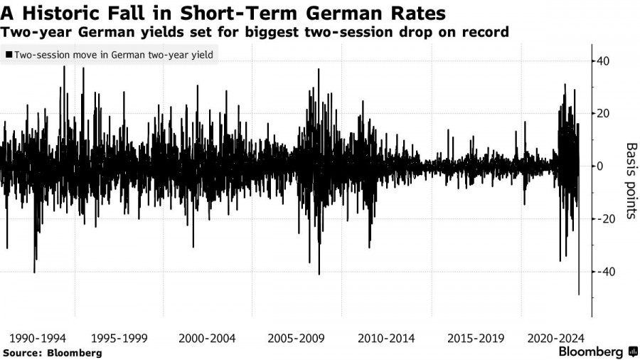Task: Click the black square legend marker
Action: [9, 54]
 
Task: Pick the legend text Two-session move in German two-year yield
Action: [113, 54]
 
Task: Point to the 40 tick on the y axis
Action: [604, 61]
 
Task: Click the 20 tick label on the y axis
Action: [604, 114]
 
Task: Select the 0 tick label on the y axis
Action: [601, 166]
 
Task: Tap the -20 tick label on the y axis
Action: [605, 219]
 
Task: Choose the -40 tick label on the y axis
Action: [605, 272]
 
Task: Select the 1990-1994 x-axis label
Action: [34, 339]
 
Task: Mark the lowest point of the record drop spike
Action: [579, 295]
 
